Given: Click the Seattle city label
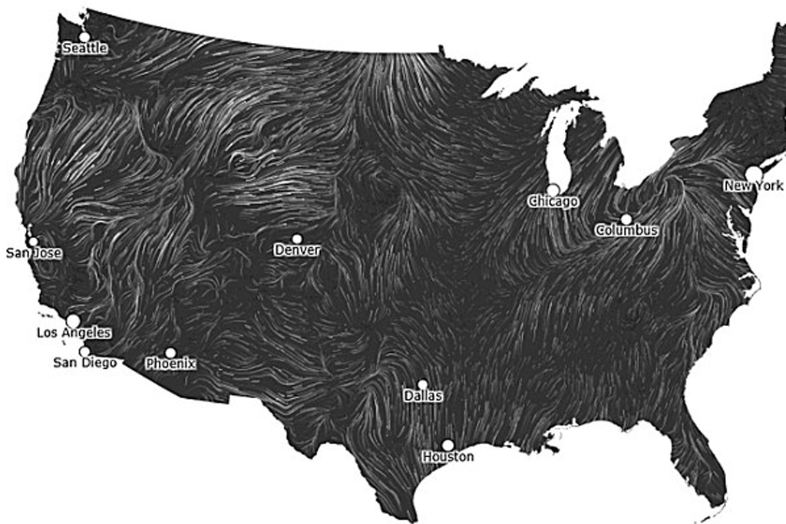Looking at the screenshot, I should (x=84, y=48).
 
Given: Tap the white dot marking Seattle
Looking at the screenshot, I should (x=84, y=36).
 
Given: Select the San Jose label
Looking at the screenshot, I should (x=35, y=252).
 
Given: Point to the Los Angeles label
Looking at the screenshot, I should (x=74, y=333).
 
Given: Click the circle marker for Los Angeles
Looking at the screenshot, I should (x=73, y=320).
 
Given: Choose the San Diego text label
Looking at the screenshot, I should (x=84, y=363).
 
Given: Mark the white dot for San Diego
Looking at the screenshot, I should (x=84, y=351).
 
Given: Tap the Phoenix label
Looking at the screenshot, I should (x=170, y=364).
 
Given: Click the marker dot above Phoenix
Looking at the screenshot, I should (x=170, y=352).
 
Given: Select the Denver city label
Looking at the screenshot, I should (x=297, y=250).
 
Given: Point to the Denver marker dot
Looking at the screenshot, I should (x=297, y=239).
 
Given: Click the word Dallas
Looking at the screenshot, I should (x=423, y=397).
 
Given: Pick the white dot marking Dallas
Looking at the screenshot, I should (x=423, y=384).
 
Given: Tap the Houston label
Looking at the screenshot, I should (x=447, y=456).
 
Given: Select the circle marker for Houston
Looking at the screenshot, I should (x=447, y=445).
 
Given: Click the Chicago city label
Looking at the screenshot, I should (x=553, y=201).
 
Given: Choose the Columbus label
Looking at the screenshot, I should (x=626, y=230).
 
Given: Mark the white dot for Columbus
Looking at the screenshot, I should (x=626, y=219).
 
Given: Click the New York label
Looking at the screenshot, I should (x=754, y=186).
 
